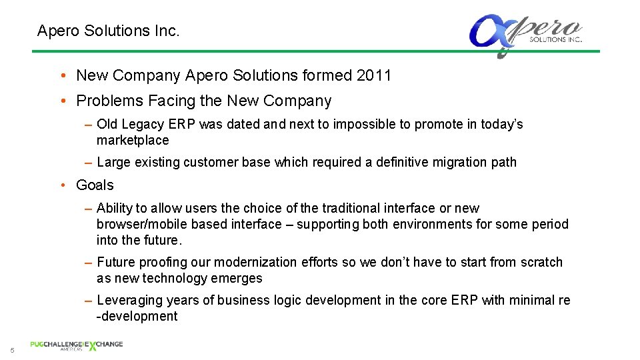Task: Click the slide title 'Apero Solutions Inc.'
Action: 108,31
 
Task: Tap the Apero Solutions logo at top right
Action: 525,35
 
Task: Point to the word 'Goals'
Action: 95,185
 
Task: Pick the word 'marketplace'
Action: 133,141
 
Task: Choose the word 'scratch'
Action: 539,263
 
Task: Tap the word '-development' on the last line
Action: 137,317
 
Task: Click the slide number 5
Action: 12,351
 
